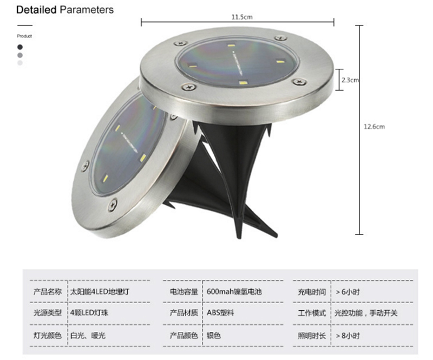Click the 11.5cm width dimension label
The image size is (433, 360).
[242, 17]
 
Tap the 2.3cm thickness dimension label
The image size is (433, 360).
[350, 80]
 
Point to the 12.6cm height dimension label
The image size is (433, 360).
[374, 127]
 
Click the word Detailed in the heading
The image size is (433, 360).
[36, 10]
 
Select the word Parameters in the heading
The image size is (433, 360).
[87, 10]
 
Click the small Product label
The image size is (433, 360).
[24, 36]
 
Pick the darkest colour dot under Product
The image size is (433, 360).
[20, 47]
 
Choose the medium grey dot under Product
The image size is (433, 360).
[20, 55]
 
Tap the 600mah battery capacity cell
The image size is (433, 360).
[234, 292]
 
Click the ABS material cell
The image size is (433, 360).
[220, 313]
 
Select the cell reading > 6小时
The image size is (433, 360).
[347, 292]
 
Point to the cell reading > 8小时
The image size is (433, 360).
[347, 336]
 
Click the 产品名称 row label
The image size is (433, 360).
[48, 292]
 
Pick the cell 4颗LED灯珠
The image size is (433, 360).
[89, 313]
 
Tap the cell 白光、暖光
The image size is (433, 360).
[88, 336]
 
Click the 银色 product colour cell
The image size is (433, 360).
[214, 336]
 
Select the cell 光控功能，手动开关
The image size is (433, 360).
[366, 313]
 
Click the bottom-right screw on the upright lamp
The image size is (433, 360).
[299, 82]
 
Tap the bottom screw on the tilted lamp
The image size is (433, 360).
[113, 205]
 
